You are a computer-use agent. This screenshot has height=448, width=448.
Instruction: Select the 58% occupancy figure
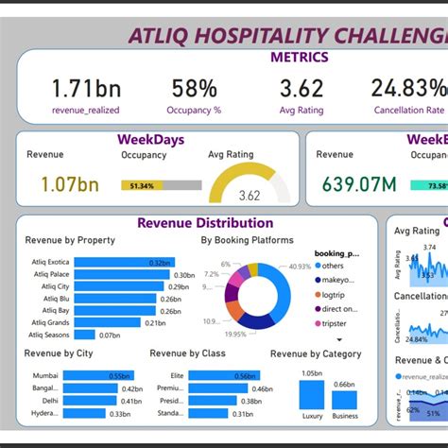[196, 89]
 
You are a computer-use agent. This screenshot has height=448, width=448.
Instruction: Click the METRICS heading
[300, 58]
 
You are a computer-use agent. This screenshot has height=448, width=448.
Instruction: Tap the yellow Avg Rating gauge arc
[249, 174]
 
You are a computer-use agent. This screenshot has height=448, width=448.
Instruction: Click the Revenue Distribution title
[205, 223]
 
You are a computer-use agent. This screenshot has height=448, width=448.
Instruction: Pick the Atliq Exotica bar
[122, 262]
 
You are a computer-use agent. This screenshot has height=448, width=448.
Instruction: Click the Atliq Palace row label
[49, 274]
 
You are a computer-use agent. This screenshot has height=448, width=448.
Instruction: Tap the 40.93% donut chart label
[300, 267]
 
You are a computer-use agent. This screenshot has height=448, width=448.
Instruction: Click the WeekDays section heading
[151, 140]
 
